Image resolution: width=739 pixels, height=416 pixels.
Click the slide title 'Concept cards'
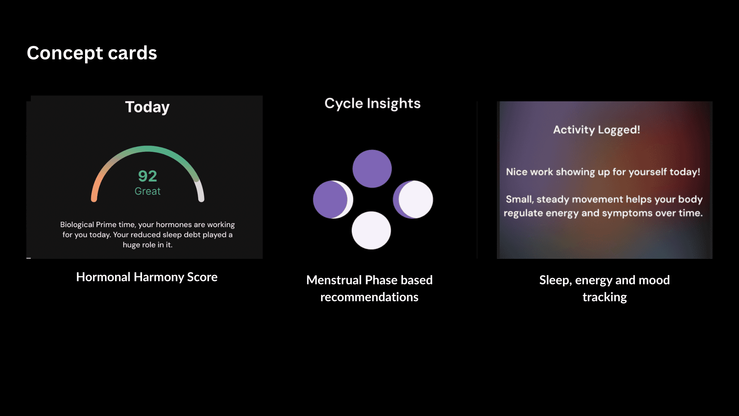[x=92, y=53]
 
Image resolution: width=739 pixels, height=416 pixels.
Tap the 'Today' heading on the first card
[x=147, y=107]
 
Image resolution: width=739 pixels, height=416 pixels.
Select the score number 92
[x=147, y=176]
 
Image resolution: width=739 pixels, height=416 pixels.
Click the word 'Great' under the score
[x=147, y=191]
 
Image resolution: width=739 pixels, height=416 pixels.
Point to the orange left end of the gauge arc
[x=94, y=198]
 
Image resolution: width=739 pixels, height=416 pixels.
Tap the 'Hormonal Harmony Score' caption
[x=147, y=277]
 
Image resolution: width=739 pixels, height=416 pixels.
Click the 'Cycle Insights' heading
[x=373, y=103]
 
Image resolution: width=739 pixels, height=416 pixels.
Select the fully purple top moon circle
[x=372, y=169]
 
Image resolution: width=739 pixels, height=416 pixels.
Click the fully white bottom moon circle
[x=371, y=230]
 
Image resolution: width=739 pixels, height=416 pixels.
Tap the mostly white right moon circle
[x=413, y=200]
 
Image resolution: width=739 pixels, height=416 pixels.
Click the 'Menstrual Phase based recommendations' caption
[x=369, y=288]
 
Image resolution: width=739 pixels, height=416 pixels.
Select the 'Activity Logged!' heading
[x=597, y=130]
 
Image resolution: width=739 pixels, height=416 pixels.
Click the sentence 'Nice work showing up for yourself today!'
[x=603, y=172]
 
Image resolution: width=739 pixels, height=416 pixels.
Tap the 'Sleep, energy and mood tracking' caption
[x=605, y=288]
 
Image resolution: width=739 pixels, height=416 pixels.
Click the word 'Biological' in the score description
[x=77, y=225]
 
